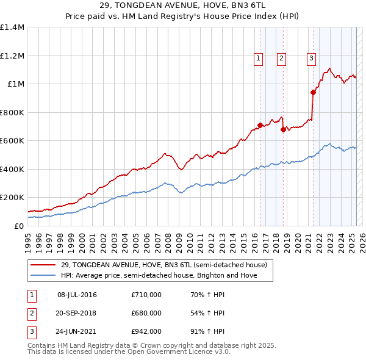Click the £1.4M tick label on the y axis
pos(12,27)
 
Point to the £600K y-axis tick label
pos(12,141)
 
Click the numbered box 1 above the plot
pos(259,59)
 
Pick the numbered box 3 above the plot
pos(311,59)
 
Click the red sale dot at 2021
pos(313,93)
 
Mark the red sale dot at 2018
pos(283,129)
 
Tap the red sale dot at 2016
pos(260,125)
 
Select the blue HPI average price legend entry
pos(159,275)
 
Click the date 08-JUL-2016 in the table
pos(77,295)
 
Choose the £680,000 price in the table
pos(146,313)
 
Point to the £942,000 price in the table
pos(146,331)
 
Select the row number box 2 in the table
pos(31,313)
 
